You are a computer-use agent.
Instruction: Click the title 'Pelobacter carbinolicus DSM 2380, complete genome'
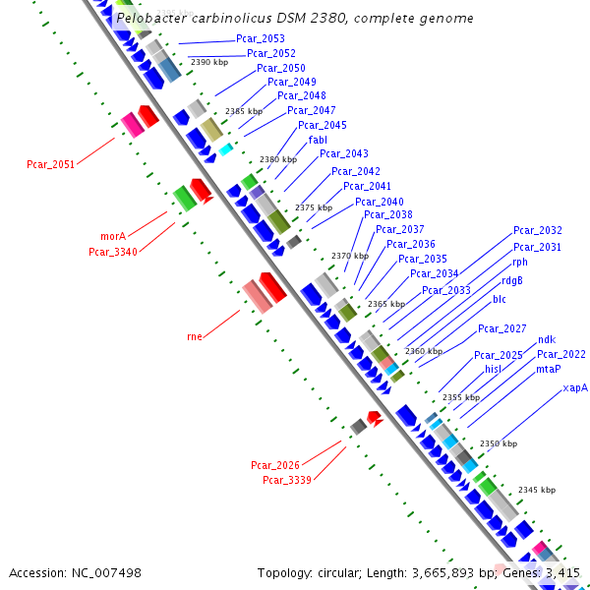tap(294, 18)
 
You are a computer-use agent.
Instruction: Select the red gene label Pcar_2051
tap(50, 164)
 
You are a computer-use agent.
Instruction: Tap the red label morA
tap(113, 237)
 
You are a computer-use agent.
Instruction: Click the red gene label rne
tap(195, 336)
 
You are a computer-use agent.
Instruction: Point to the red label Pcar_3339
tap(286, 480)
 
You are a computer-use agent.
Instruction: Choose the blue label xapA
tap(575, 388)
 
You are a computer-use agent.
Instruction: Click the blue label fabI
tap(318, 140)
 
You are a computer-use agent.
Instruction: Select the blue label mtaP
tap(549, 369)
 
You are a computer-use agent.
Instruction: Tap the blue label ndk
tap(547, 339)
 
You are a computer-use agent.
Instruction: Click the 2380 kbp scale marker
tap(278, 159)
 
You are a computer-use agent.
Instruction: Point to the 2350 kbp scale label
tap(498, 443)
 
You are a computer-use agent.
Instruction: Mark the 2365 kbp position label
tap(386, 304)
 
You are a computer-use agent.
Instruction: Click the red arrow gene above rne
tap(272, 287)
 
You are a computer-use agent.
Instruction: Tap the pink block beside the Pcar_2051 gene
tap(130, 125)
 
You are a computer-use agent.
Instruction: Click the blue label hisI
tap(493, 369)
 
